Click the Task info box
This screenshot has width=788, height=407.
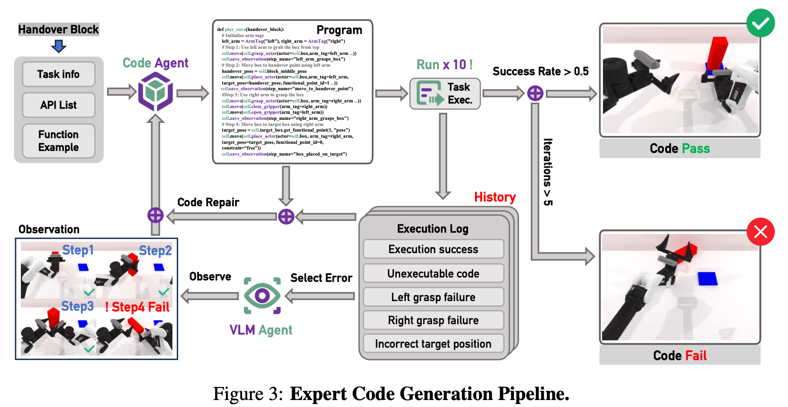[58, 75]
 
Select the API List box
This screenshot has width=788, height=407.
[58, 105]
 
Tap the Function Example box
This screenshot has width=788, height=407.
[58, 141]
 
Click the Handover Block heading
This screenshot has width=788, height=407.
[58, 30]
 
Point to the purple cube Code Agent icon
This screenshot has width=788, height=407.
[155, 92]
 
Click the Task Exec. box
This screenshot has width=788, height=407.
[445, 94]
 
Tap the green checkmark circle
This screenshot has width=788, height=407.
[760, 23]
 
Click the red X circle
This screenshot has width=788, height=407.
[760, 231]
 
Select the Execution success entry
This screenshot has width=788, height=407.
[433, 249]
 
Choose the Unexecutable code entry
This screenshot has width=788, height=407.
[433, 274]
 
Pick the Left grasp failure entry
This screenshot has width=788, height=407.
[433, 297]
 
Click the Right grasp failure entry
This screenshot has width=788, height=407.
[433, 321]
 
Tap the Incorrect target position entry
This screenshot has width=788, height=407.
[433, 344]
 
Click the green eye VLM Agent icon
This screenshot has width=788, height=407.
[262, 296]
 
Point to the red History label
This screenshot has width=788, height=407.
[495, 197]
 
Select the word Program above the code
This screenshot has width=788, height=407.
[339, 30]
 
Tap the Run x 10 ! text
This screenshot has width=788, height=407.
[444, 65]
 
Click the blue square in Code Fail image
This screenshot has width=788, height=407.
[707, 279]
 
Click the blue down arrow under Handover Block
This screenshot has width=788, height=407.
[58, 46]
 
